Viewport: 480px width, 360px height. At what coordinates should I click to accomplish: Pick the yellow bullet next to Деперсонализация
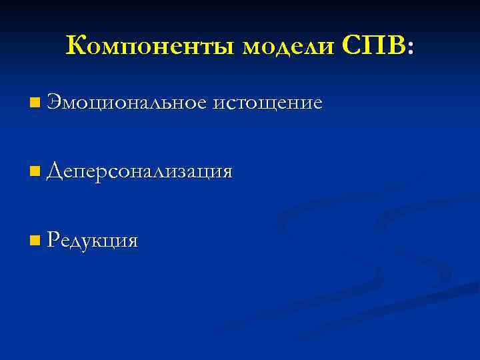(35, 173)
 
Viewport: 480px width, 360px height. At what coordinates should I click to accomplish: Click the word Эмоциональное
(127, 103)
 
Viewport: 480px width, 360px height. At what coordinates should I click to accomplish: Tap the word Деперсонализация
(139, 172)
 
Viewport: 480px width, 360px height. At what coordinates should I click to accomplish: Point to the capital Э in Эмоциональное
(55, 103)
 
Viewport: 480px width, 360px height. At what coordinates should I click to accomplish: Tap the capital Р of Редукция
(54, 240)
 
